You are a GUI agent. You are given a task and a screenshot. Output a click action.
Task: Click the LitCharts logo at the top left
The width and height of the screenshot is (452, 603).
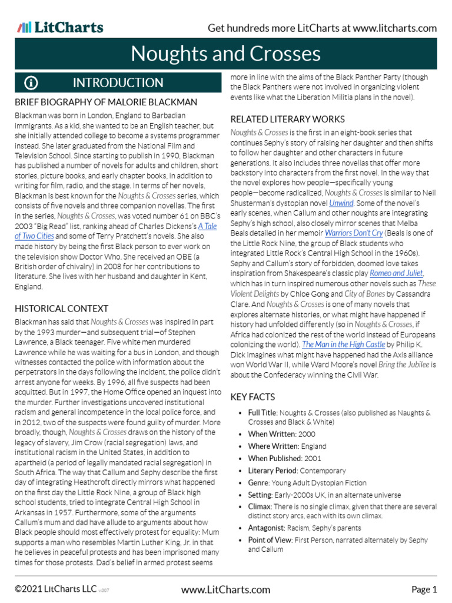pos(61,27)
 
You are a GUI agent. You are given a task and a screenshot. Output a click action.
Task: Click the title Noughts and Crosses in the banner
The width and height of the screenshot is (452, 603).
pos(226,54)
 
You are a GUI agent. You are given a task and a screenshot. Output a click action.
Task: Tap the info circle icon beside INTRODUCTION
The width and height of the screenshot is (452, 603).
pos(31,83)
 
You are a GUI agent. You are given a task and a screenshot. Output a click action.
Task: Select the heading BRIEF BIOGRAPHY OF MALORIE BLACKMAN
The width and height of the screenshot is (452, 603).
pos(106,102)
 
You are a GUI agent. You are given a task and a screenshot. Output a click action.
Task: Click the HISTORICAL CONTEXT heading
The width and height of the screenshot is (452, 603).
pos(62,308)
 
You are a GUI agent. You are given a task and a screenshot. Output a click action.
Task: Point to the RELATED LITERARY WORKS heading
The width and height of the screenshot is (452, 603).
pos(287,119)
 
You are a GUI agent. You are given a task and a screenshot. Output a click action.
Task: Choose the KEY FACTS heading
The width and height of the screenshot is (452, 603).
pos(252,397)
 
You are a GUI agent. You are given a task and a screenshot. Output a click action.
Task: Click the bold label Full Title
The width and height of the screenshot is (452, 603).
pos(262,413)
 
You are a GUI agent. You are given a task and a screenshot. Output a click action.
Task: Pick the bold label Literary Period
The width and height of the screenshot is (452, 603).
pos(272,471)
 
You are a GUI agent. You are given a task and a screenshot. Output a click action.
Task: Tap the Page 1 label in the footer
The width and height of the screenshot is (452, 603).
pos(424,589)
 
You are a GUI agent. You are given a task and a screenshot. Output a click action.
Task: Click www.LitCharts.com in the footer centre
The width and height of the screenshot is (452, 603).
pos(226,589)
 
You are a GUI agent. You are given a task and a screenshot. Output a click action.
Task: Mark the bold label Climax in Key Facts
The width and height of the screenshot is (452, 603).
pos(260,506)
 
